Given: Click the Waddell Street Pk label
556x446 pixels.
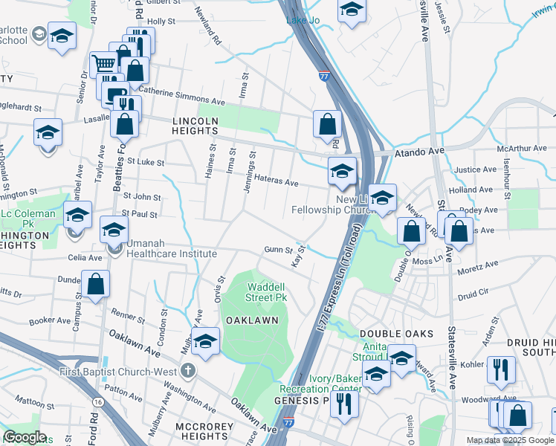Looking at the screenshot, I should (266, 292).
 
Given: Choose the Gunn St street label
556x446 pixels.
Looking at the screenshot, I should (278, 251).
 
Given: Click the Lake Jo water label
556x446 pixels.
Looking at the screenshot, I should (303, 20).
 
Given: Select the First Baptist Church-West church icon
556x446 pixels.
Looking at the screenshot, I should (189, 370).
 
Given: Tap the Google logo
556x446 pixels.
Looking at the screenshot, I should (25, 438).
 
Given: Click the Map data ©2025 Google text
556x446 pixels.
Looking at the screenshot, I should (511, 440).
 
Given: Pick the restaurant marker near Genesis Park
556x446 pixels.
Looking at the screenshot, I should (344, 402).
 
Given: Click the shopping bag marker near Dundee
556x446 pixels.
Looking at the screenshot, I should (96, 283).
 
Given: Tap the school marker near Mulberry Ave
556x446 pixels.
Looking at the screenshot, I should (205, 340).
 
